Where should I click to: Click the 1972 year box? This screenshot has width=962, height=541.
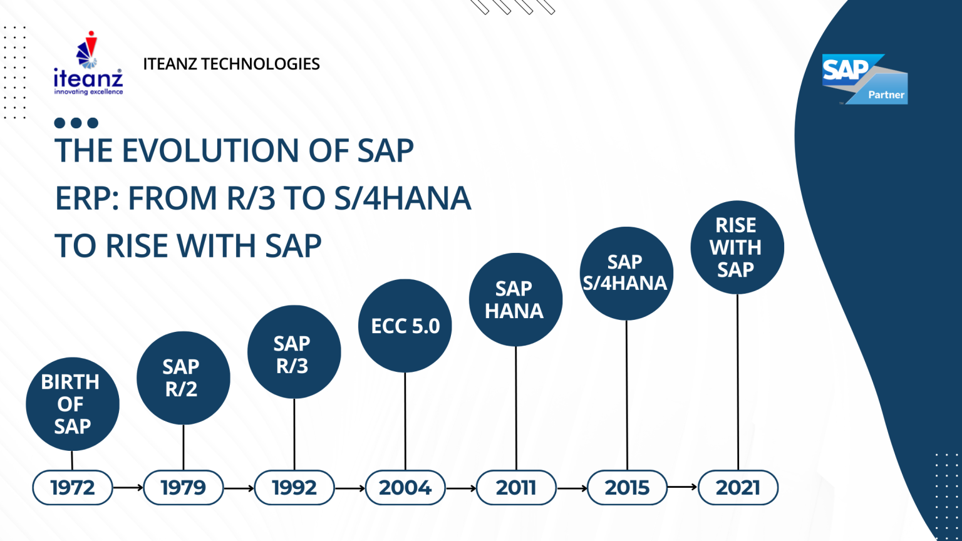[73, 487]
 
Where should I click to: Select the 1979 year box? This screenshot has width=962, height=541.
[184, 487]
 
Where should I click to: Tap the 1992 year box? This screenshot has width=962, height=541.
[294, 487]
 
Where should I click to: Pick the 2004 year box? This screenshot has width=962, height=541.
[405, 487]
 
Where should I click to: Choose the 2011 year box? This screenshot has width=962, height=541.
[516, 487]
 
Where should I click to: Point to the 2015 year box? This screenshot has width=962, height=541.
[627, 487]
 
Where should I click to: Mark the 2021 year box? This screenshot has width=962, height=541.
[738, 487]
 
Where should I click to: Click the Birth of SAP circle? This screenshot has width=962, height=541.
[73, 404]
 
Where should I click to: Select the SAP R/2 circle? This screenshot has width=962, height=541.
[184, 378]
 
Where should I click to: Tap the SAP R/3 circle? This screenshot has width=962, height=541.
[294, 352]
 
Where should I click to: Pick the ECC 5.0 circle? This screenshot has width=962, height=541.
[405, 326]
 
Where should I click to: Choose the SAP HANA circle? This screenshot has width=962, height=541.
[515, 299]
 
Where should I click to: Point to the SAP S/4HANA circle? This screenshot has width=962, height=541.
[626, 273]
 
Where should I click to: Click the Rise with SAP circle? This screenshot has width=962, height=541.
[737, 247]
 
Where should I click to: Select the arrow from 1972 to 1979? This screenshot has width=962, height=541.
[128, 487]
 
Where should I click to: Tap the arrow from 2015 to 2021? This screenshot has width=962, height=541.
[683, 487]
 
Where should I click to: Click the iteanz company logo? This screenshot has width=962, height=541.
[88, 64]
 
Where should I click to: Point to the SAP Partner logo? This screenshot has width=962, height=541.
[865, 79]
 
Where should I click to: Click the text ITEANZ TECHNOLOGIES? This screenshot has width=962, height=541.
[231, 64]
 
